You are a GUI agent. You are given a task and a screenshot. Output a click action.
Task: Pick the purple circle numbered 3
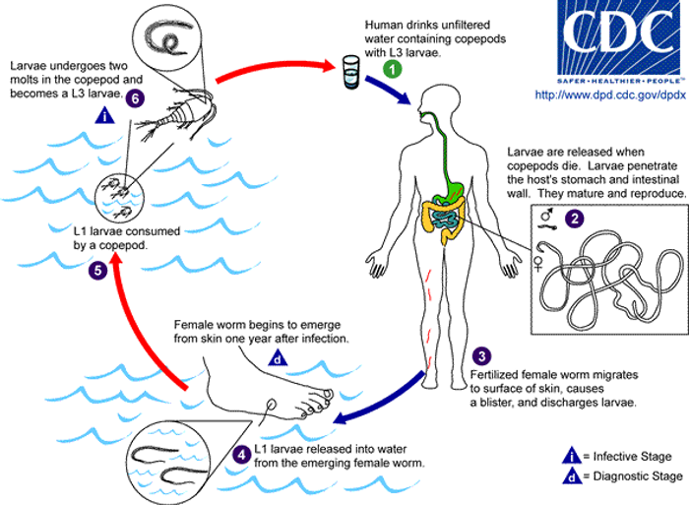(480, 356)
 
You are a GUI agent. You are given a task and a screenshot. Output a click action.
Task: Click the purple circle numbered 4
(242, 455)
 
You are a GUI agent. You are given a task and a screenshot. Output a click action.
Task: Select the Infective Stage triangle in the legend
(569, 455)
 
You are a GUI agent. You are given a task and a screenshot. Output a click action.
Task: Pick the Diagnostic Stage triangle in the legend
(569, 476)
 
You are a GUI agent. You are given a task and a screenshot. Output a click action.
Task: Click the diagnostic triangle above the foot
(279, 359)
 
